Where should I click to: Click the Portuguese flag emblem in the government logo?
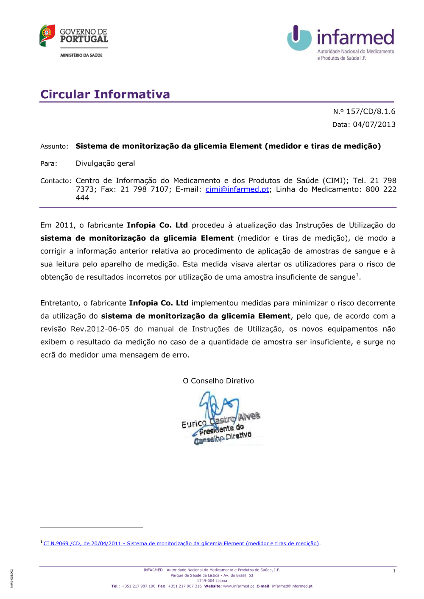pos(47,35)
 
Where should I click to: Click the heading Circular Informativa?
pos(105,94)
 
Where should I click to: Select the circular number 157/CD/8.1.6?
pos(371,111)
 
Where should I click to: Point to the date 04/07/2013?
pos(374,125)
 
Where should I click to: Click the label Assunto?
pos(54,147)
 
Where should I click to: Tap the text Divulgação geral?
pos(105,164)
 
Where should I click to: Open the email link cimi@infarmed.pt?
pos(237,189)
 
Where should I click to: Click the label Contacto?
pos(56,181)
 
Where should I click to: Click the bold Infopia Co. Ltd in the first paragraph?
pos(157,225)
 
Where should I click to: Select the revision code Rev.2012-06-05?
pos(100,329)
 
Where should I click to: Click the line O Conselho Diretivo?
pos(218,381)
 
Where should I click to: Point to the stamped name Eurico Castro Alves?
pos(220,419)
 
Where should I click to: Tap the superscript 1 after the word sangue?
pos(357,275)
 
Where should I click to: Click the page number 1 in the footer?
pos(394,571)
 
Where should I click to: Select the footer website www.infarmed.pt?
pos(238,586)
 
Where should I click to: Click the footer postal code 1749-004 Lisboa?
pos(212,581)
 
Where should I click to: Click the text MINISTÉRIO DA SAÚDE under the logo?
pos(81,55)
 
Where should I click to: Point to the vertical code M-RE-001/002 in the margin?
pos(12,579)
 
